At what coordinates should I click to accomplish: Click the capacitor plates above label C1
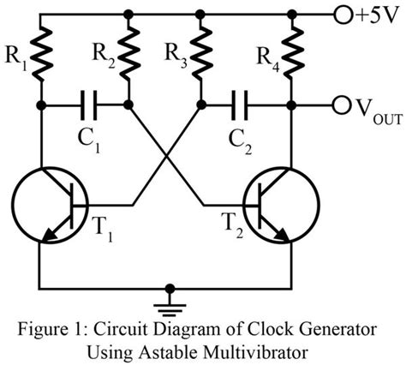(x=87, y=107)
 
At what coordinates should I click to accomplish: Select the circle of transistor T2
(x=277, y=205)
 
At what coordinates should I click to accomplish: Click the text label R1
(x=16, y=63)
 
